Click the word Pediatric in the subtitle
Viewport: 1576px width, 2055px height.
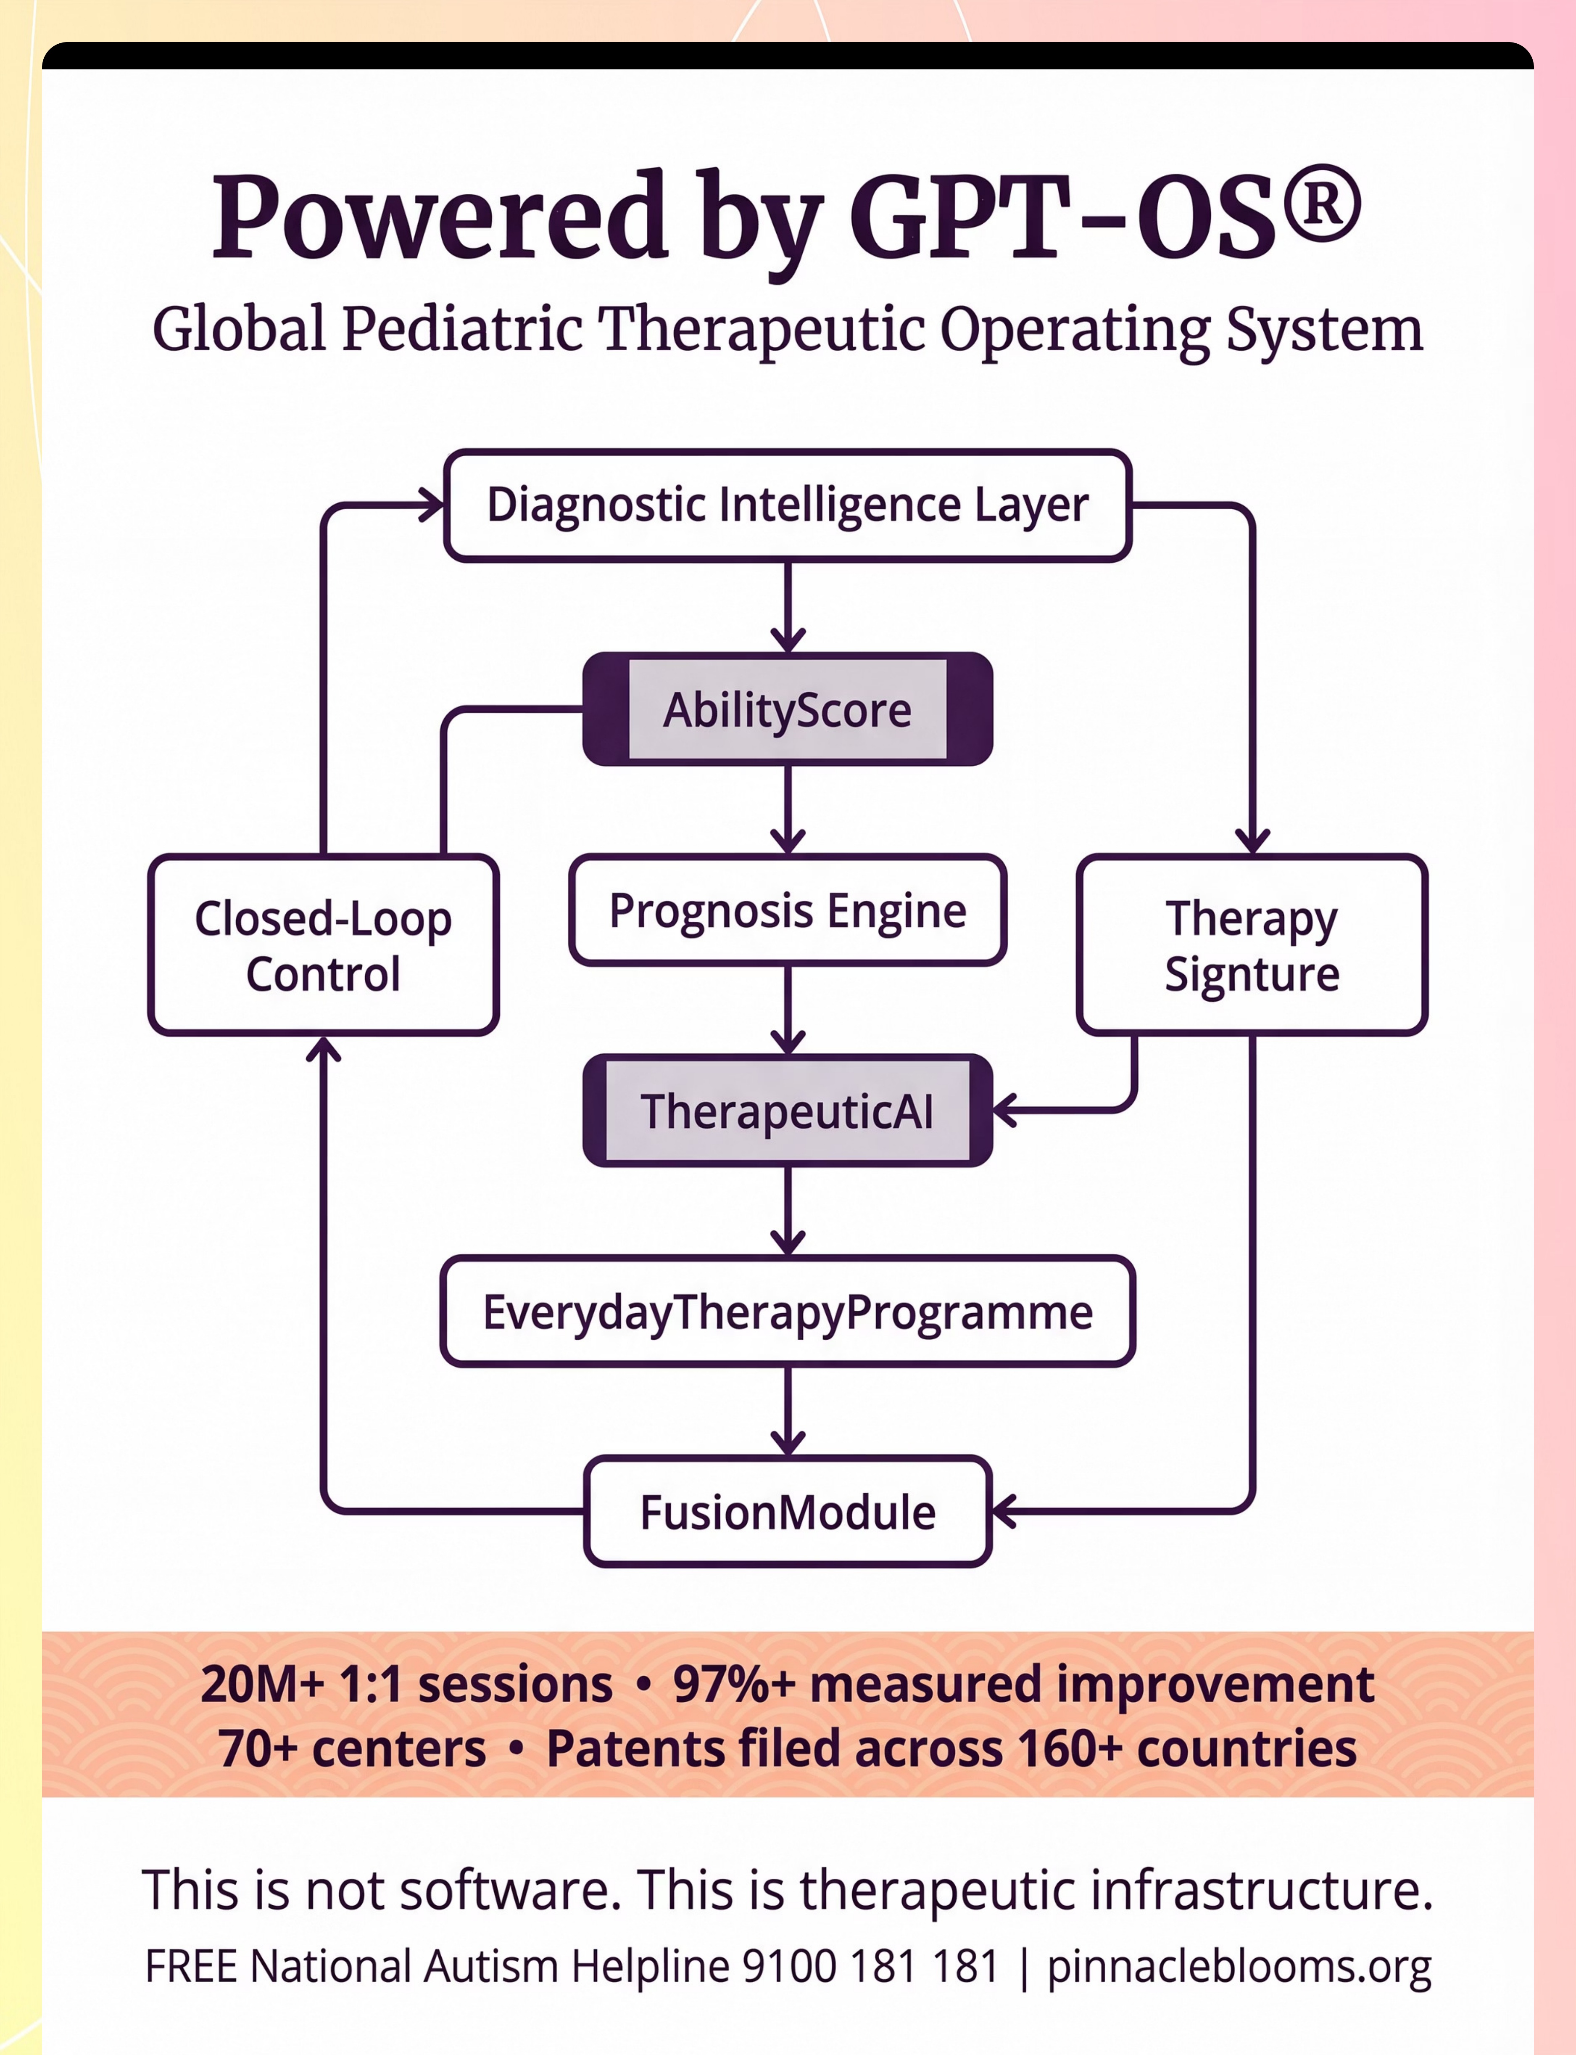461,330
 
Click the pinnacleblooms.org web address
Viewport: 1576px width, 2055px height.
1238,1966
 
